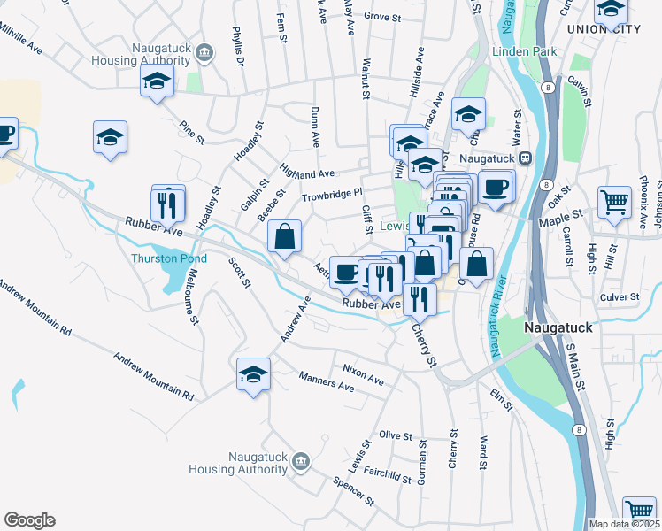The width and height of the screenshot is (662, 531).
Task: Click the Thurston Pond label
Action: [168, 258]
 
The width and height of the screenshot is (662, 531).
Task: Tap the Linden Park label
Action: [527, 52]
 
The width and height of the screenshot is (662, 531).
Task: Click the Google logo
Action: [29, 520]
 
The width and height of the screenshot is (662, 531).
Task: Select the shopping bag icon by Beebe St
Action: [284, 236]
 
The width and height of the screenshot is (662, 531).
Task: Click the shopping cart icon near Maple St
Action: [614, 202]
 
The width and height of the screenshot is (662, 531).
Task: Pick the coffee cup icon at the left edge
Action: [5, 134]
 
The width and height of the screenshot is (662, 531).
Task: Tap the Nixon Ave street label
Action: [363, 373]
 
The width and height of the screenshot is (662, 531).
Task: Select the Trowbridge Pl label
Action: [332, 194]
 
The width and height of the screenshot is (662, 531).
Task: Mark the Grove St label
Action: [382, 17]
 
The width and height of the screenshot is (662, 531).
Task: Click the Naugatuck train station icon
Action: [524, 158]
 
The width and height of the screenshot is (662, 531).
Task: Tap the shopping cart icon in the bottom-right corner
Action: [639, 511]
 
